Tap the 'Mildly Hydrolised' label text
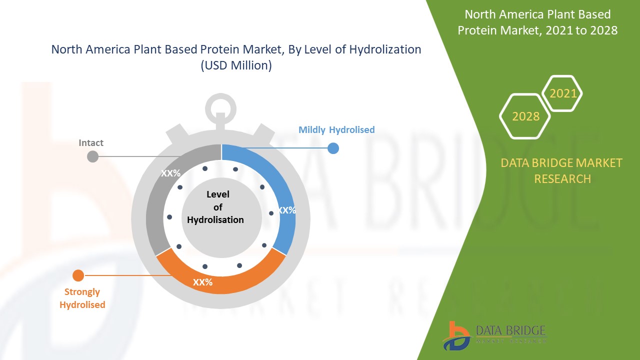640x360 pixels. tap(336, 130)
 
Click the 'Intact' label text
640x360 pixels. tap(91, 143)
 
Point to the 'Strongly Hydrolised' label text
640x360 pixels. tap(82, 298)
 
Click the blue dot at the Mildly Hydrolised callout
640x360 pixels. tap(333, 148)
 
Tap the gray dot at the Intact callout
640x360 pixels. tap(93, 156)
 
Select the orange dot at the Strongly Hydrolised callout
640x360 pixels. tap(78, 275)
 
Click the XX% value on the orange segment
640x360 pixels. tap(203, 282)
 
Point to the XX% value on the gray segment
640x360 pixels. tap(170, 173)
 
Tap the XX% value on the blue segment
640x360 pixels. tap(286, 210)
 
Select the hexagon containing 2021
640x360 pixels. tap(562, 93)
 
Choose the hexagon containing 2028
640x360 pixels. tap(525, 116)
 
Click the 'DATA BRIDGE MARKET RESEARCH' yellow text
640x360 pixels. tap(562, 170)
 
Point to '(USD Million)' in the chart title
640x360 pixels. tap(236, 65)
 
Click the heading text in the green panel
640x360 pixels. tap(537, 22)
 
